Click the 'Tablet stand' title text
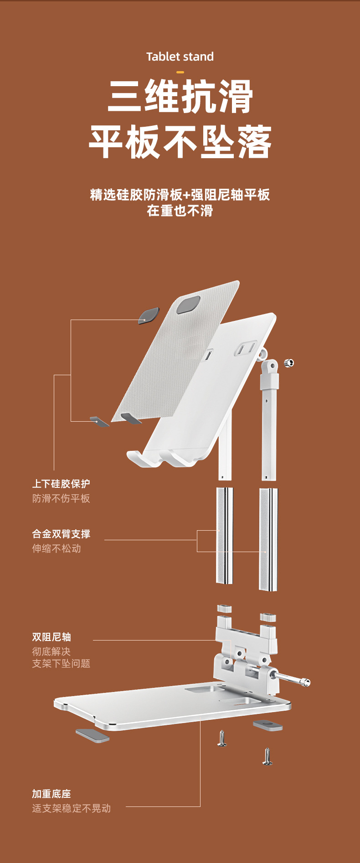180,57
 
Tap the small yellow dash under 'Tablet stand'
180,72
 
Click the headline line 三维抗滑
180,96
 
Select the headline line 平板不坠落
180,142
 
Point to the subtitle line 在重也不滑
180,211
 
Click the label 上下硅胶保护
61,484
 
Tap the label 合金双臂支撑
61,534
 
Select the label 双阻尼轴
51,637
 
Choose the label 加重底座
51,794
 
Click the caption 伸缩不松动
57,548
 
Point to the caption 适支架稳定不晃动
72,808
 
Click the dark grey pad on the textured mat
188,305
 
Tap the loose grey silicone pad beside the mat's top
149,315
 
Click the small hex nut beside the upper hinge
288,363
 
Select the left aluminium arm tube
225,535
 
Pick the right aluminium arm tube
268,539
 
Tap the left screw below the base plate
222,738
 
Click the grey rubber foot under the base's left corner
93,735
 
